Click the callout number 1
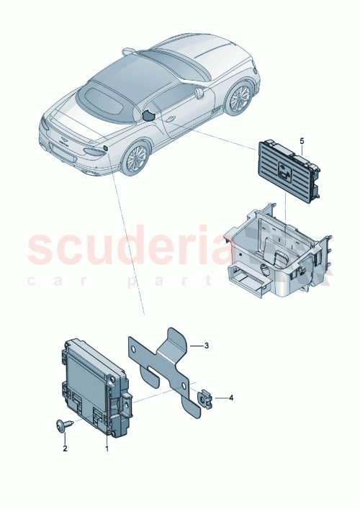coord(107,449)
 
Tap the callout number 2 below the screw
coord(64,449)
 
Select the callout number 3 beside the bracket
coord(206,346)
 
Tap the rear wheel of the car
coord(135,158)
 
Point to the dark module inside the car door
coord(149,115)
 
